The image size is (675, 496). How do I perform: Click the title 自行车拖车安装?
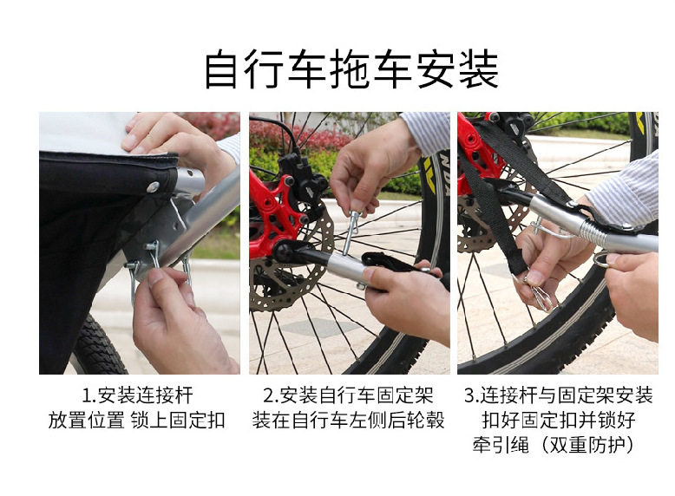(351, 69)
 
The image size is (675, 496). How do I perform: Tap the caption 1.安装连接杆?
(138, 395)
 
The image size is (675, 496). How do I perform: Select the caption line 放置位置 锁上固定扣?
(137, 420)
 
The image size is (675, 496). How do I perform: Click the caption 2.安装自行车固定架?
(348, 395)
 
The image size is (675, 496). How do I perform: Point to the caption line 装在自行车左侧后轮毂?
(348, 420)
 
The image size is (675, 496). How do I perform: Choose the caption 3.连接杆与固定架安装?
(559, 395)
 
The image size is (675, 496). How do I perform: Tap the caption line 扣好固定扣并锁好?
(559, 420)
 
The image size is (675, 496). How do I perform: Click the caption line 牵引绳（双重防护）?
(555, 444)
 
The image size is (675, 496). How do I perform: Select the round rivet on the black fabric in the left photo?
(153, 186)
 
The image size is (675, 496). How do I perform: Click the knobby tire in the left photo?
(100, 345)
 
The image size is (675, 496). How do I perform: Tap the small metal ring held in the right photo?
(600, 260)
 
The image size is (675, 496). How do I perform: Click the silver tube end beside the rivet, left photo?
(189, 181)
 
